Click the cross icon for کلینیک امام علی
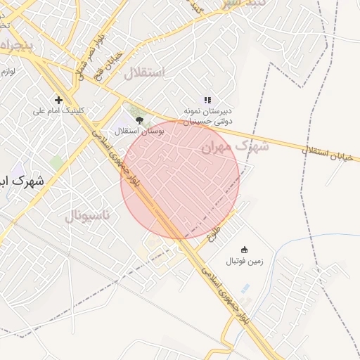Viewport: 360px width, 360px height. pos(58,100)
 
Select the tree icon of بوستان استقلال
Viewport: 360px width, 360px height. pos(139,120)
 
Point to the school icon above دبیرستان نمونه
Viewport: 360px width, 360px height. pos(207,101)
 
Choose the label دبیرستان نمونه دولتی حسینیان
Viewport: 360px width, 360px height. pos(208,117)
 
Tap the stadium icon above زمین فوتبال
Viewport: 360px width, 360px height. pos(244,250)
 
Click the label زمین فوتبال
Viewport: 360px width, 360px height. pos(244,261)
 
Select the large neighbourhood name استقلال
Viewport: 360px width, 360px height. pos(144,73)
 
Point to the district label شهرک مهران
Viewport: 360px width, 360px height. pos(235,147)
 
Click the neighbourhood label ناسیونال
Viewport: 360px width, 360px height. pos(88,215)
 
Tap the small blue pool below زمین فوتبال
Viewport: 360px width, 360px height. pos(245,288)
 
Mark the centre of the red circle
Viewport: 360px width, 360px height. pos(180,180)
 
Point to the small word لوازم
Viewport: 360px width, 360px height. pos(8,72)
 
